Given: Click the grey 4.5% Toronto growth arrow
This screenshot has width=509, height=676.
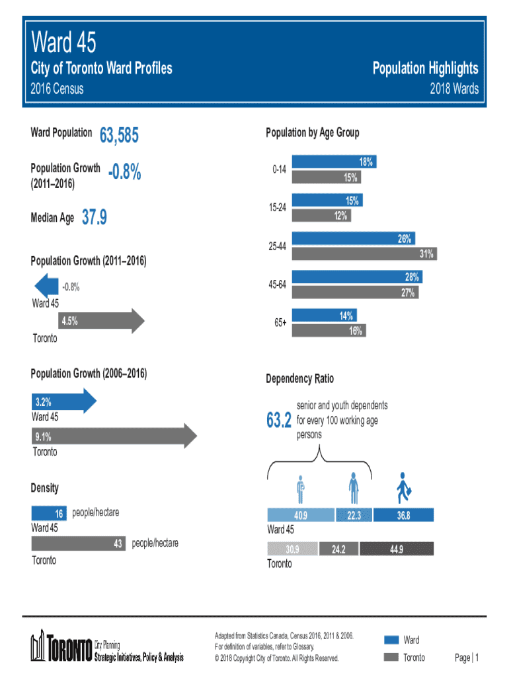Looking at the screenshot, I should click(x=99, y=321).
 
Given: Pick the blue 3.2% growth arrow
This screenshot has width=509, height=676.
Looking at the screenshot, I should click(x=63, y=401).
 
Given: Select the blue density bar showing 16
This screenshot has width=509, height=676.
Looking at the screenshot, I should click(x=48, y=513).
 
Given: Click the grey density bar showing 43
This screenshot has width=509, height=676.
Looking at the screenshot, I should click(x=79, y=543).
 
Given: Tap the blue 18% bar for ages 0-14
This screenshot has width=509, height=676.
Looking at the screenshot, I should click(x=334, y=162).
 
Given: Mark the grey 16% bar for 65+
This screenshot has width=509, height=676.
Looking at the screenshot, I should click(x=328, y=331).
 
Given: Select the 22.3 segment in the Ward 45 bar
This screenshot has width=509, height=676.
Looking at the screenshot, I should click(x=354, y=516).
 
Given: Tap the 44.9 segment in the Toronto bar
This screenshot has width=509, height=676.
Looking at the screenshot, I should click(x=397, y=548).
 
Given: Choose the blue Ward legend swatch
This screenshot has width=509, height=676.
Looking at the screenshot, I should click(x=391, y=640).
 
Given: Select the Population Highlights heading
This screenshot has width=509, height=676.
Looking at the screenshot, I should click(x=425, y=69).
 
